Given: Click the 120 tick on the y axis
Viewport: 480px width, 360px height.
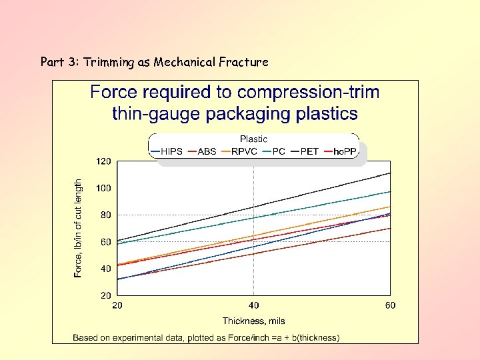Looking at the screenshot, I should (103, 161).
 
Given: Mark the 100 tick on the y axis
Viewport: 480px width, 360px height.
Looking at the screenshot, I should (103, 188).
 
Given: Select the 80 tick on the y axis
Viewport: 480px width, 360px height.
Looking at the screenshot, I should (105, 215).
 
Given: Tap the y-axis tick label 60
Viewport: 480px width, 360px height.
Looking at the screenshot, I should (105, 242).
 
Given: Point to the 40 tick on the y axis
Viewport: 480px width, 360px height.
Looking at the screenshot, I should (105, 269).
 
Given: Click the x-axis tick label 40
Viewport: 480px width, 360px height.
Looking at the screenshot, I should (253, 305).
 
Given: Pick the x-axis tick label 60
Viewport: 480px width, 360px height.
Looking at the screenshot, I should (390, 305).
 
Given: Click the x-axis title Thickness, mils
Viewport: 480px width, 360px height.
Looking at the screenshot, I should (253, 321).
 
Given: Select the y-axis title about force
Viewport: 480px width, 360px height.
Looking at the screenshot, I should (79, 228).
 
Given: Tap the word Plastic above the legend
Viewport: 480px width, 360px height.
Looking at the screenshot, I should (253, 139).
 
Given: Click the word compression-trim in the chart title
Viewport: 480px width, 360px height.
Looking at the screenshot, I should (308, 92).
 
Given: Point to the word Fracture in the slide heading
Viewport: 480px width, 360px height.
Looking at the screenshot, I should (244, 62).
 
